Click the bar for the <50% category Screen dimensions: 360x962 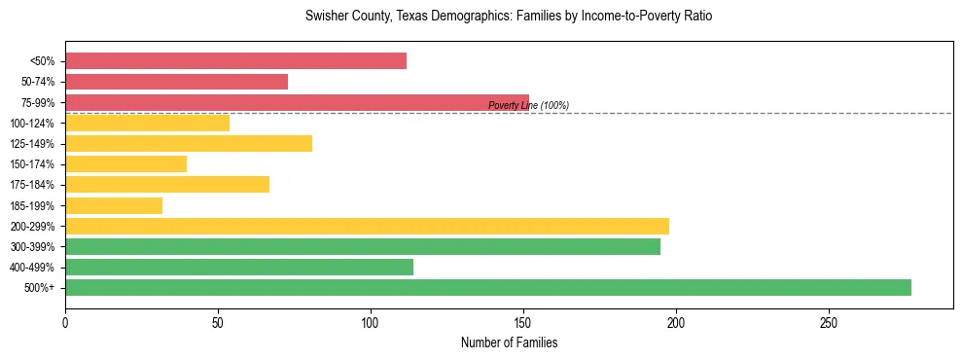coord(235,61)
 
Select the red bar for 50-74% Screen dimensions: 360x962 coord(176,82)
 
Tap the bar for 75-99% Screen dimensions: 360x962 coord(297,102)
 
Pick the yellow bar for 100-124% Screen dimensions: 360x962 coord(147,123)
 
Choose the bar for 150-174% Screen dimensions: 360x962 coord(125,163)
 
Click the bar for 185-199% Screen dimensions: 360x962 coord(114,205)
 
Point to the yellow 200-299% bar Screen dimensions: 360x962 coord(367,226)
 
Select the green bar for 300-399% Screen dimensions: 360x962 coord(363,246)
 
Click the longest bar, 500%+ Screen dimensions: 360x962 coord(488,287)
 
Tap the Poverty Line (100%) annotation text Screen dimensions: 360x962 coord(528,105)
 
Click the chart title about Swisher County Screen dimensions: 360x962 coord(509,17)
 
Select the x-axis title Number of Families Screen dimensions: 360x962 coord(509,342)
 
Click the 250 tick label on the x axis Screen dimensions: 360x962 coord(829,322)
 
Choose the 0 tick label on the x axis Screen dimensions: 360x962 coord(65,322)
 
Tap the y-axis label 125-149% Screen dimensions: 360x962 coord(32,144)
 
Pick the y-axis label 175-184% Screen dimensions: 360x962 coord(32,185)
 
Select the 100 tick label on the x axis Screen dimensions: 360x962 coord(371,322)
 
